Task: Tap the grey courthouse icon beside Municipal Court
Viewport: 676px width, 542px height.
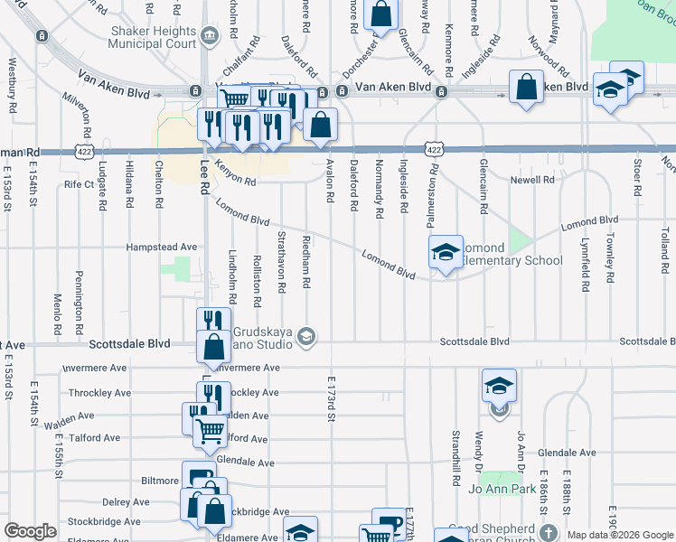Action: pyautogui.click(x=210, y=36)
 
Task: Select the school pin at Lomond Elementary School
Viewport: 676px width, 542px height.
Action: pyautogui.click(x=445, y=253)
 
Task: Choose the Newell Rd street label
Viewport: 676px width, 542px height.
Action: pyautogui.click(x=533, y=181)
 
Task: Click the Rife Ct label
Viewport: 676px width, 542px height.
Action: pyautogui.click(x=80, y=184)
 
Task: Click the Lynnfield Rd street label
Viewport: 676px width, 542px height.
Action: pyautogui.click(x=585, y=265)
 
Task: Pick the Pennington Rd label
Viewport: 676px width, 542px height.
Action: pyautogui.click(x=80, y=297)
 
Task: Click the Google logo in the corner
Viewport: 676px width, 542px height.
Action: pyautogui.click(x=30, y=532)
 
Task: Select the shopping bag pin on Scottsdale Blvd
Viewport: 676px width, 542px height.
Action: pyautogui.click(x=212, y=348)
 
